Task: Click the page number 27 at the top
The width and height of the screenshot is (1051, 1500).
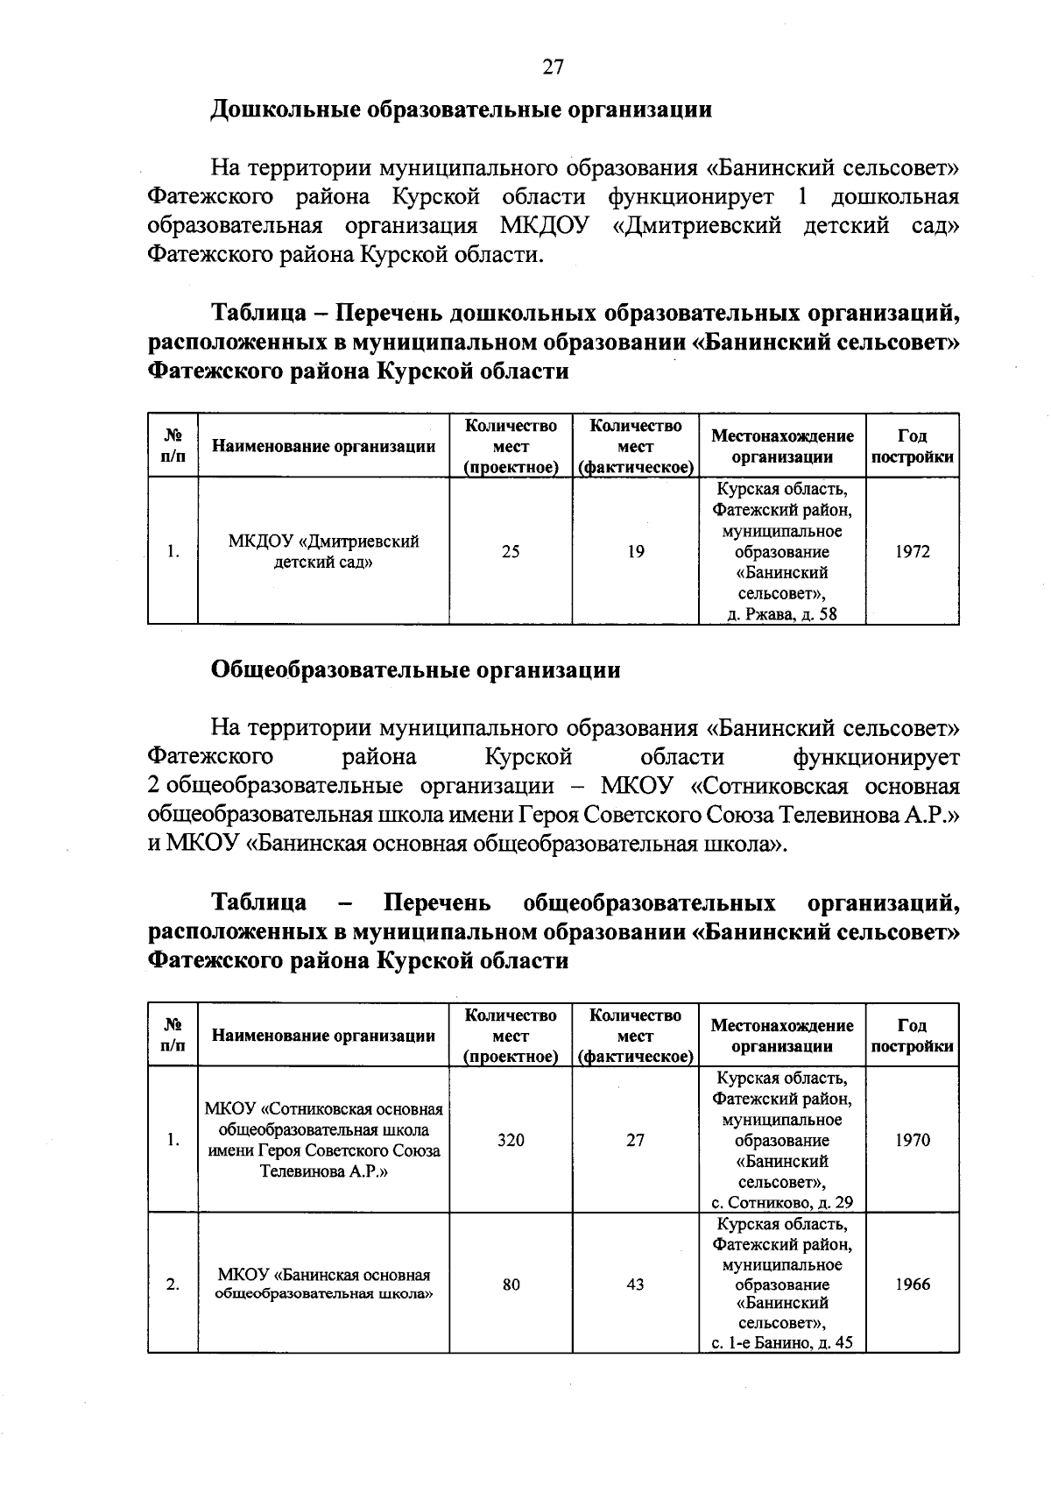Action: point(553,67)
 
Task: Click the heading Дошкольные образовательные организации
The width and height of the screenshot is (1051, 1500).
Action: point(461,110)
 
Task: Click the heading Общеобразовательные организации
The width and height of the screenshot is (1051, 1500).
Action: point(415,670)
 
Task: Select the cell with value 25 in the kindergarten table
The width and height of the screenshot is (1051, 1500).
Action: point(511,552)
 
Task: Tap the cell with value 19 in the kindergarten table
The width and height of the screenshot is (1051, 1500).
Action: point(636,552)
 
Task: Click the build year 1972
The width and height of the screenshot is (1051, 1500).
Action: point(913,552)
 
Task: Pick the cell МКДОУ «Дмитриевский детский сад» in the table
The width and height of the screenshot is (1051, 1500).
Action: point(323,552)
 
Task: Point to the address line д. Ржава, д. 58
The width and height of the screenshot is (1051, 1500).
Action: point(782,614)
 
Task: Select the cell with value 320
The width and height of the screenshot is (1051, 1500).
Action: point(511,1141)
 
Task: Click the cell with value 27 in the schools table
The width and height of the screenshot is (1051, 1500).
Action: point(636,1141)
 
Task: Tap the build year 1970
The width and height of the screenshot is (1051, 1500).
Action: point(913,1141)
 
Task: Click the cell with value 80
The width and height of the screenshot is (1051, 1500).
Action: point(511,1284)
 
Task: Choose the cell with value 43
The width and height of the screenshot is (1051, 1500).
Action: point(636,1284)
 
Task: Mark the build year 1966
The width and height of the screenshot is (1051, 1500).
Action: point(913,1284)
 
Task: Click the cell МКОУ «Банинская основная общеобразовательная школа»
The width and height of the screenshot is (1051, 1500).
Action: point(323,1284)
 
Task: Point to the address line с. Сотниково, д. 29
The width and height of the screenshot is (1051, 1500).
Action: point(782,1203)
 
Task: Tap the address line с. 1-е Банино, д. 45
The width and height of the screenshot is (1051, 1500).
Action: point(782,1343)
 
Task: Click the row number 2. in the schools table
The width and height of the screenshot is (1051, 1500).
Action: point(173,1284)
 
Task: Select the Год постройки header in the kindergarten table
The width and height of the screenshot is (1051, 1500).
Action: point(913,446)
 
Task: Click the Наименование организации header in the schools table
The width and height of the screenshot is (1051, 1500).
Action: point(323,1036)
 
